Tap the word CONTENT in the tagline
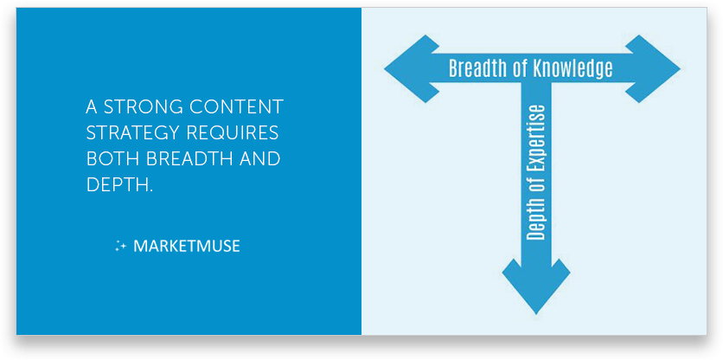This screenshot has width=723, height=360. [x=234, y=107]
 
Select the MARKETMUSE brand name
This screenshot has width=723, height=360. [x=187, y=246]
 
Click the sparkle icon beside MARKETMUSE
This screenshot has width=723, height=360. [x=120, y=246]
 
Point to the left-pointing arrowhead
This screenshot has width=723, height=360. [x=407, y=68]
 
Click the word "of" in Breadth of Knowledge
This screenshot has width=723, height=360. [x=521, y=68]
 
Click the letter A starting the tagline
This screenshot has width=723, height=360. [x=92, y=107]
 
